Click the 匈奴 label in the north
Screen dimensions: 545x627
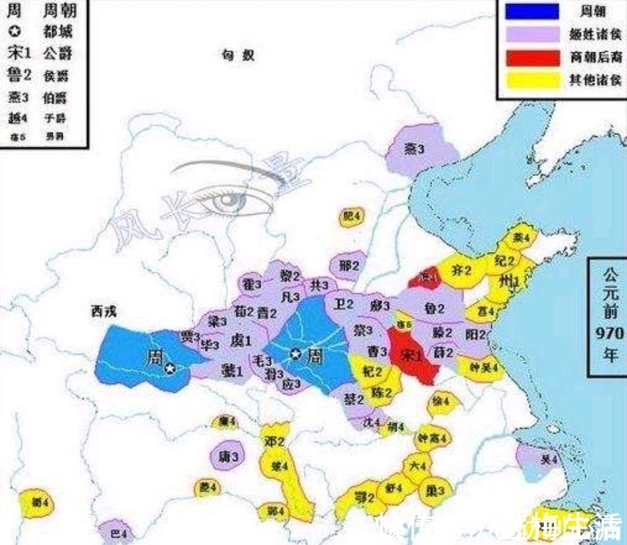(238, 56)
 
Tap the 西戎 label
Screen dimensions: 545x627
(103, 312)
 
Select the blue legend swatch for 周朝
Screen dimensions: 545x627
(532, 12)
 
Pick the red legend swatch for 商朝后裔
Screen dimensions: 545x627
(532, 57)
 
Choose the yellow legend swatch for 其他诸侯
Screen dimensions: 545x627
(532, 80)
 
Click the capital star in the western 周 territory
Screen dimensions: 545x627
(170, 368)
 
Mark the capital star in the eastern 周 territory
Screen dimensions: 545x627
(296, 353)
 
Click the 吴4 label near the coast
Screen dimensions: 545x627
(547, 460)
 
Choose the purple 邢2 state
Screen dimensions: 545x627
(349, 266)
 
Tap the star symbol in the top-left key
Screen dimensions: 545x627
(16, 33)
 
